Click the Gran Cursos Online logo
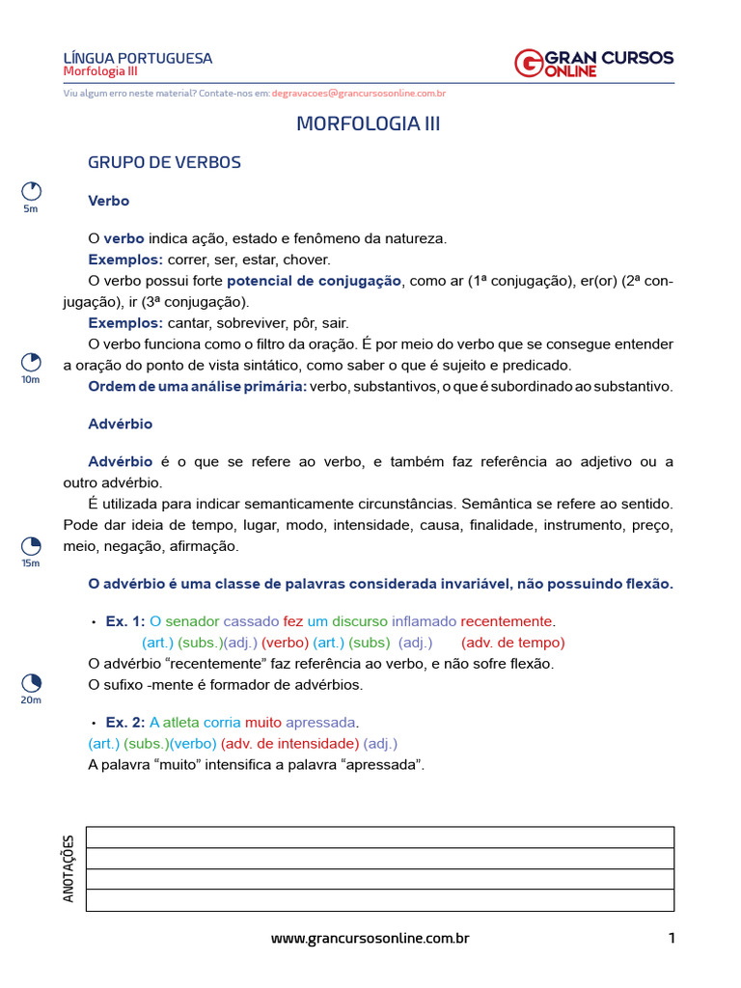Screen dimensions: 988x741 [x=593, y=64]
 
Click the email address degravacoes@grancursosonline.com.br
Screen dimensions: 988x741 [x=358, y=94]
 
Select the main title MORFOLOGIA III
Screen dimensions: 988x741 [x=369, y=123]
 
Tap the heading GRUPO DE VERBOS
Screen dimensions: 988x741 [x=164, y=162]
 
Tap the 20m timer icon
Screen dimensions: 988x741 [x=31, y=682]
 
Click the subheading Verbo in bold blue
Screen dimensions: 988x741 [x=108, y=201]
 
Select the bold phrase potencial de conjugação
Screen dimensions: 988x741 [x=314, y=281]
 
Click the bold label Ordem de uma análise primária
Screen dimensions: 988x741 [x=197, y=386]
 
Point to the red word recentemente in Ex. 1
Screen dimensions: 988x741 [x=507, y=620]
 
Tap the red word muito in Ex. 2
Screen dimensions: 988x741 [x=263, y=722]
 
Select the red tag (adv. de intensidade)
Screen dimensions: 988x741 [x=289, y=743]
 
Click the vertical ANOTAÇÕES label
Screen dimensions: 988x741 [x=69, y=868]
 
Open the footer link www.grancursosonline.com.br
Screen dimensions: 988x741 [x=370, y=938]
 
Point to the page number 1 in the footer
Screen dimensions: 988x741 [x=671, y=938]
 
